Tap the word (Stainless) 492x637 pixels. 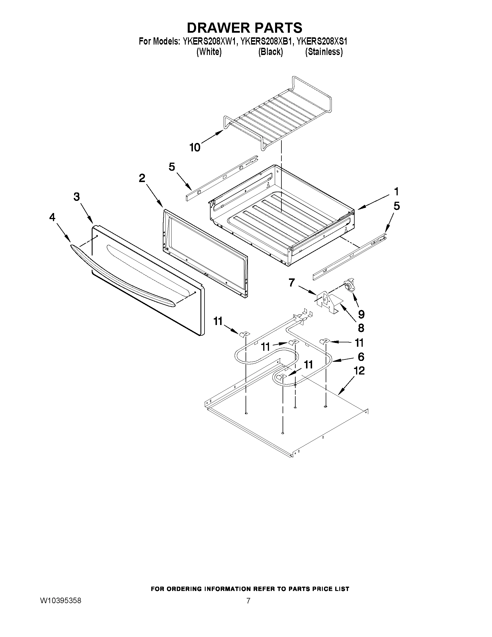click(324, 52)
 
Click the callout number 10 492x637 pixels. click(195, 148)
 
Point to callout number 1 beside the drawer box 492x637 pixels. click(396, 192)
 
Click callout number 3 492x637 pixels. click(76, 197)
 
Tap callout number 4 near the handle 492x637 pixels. click(52, 217)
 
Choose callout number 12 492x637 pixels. click(359, 371)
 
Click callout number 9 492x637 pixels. click(361, 314)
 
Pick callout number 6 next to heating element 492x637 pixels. click(361, 357)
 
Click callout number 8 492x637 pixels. click(361, 328)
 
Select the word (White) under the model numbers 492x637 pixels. click(209, 52)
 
